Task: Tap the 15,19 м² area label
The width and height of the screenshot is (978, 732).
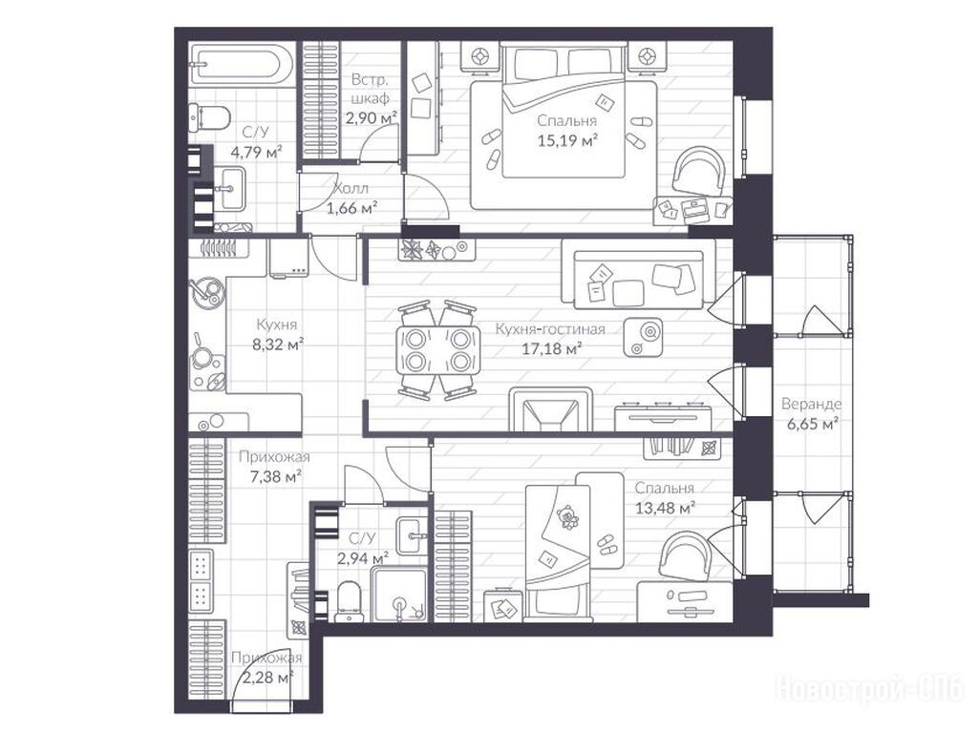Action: pos(567,141)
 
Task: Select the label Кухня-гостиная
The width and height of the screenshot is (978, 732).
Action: pos(550,328)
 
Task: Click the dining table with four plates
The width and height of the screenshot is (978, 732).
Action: pos(438,350)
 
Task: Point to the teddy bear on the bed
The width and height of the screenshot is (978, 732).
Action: pos(567,517)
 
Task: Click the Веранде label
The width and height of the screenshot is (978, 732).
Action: pos(812,404)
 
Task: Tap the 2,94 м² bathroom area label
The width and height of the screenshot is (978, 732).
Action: pos(362,558)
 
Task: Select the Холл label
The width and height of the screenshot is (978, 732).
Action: pos(351,188)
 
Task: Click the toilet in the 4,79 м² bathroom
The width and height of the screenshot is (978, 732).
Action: pos(209,117)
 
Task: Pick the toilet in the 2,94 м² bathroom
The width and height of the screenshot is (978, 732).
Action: pos(348,601)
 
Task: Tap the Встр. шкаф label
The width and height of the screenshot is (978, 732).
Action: pos(371,89)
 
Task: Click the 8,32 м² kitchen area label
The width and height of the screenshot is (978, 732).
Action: pos(278,345)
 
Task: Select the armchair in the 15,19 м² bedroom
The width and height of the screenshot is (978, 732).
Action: pos(699,170)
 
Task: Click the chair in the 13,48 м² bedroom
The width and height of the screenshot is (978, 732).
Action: pos(685,554)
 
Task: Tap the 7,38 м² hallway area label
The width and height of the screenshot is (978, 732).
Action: pos(276,477)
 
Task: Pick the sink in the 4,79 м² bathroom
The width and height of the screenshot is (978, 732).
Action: pos(230,188)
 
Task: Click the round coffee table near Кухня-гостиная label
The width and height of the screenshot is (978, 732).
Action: pos(643,337)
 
